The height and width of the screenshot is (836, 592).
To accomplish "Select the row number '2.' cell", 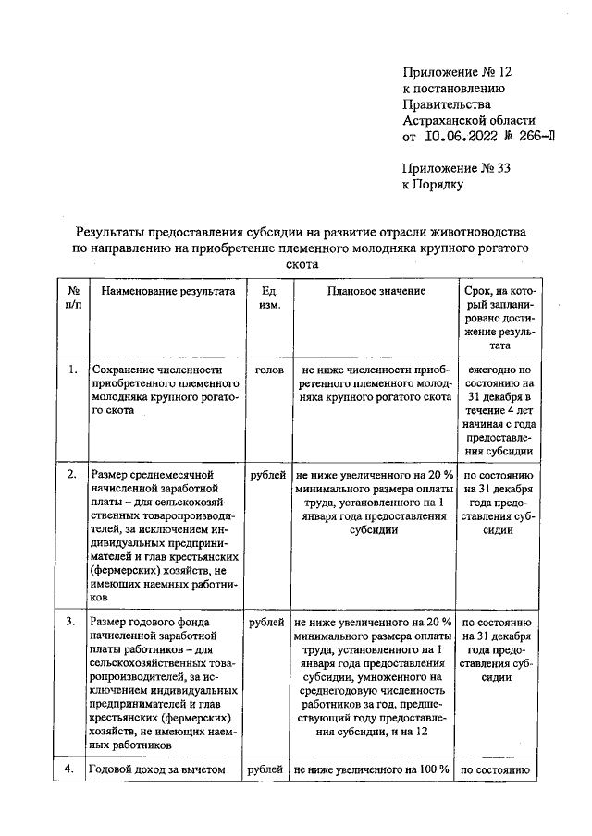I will [72, 474].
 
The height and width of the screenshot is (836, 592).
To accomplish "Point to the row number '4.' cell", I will [72, 768].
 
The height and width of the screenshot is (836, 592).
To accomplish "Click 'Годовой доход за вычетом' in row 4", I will [155, 768].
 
